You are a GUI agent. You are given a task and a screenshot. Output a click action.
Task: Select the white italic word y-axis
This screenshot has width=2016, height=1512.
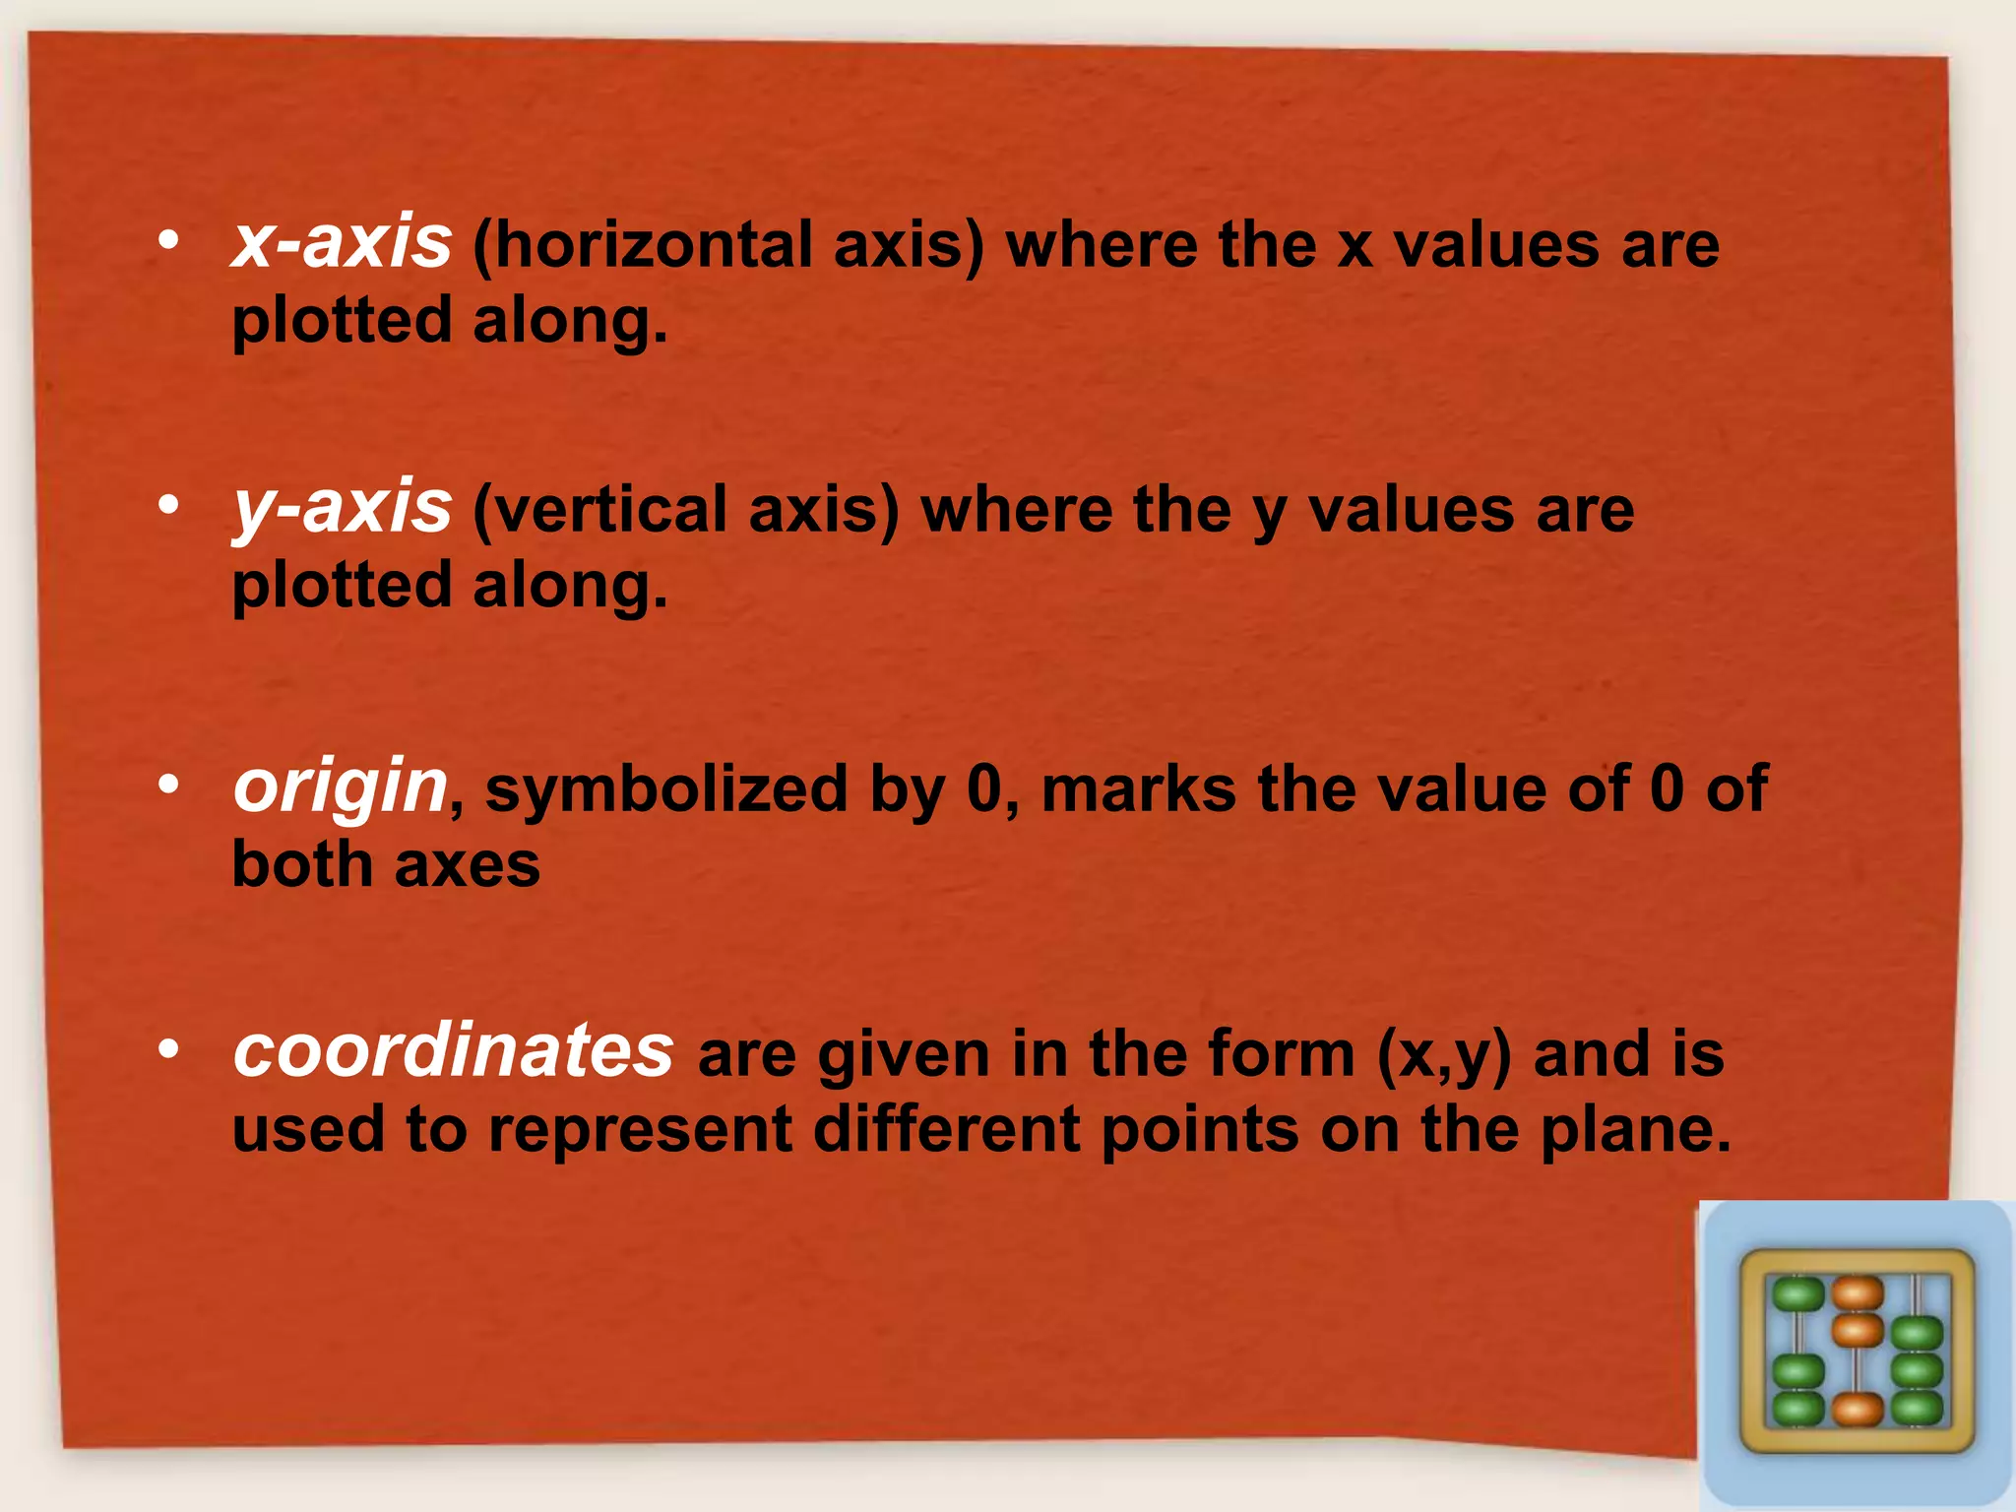coord(342,508)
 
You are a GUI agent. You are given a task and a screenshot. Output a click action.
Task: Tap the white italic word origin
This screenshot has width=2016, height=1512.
coord(341,787)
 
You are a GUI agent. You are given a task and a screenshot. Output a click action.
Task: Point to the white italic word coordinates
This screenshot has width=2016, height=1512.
coord(453,1050)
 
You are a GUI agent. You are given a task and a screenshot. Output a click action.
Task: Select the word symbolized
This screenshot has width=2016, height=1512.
coord(666,789)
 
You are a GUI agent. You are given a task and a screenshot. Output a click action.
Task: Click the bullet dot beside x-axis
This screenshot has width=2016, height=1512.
coord(168,240)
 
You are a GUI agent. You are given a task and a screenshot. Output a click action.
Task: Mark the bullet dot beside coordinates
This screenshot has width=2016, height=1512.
coord(168,1049)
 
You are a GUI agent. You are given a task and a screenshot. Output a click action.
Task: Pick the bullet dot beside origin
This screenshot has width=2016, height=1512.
coord(168,785)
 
